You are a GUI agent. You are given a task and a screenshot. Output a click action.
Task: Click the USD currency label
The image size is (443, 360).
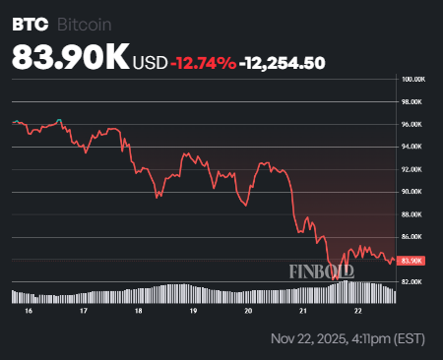tap(151, 63)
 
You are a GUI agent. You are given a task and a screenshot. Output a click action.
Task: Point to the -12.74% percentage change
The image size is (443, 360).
tap(203, 63)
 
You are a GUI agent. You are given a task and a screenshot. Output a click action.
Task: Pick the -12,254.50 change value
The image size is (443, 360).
tap(283, 63)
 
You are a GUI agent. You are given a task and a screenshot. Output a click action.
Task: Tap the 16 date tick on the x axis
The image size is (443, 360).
tap(29, 309)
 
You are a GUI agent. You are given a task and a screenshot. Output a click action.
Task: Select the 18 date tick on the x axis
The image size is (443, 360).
tap(139, 309)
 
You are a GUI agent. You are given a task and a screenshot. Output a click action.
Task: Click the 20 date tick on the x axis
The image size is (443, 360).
tap(248, 309)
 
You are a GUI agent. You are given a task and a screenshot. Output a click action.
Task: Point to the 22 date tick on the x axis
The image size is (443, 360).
tap(358, 309)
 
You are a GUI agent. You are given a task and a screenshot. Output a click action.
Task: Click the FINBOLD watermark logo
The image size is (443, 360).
tap(322, 270)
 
